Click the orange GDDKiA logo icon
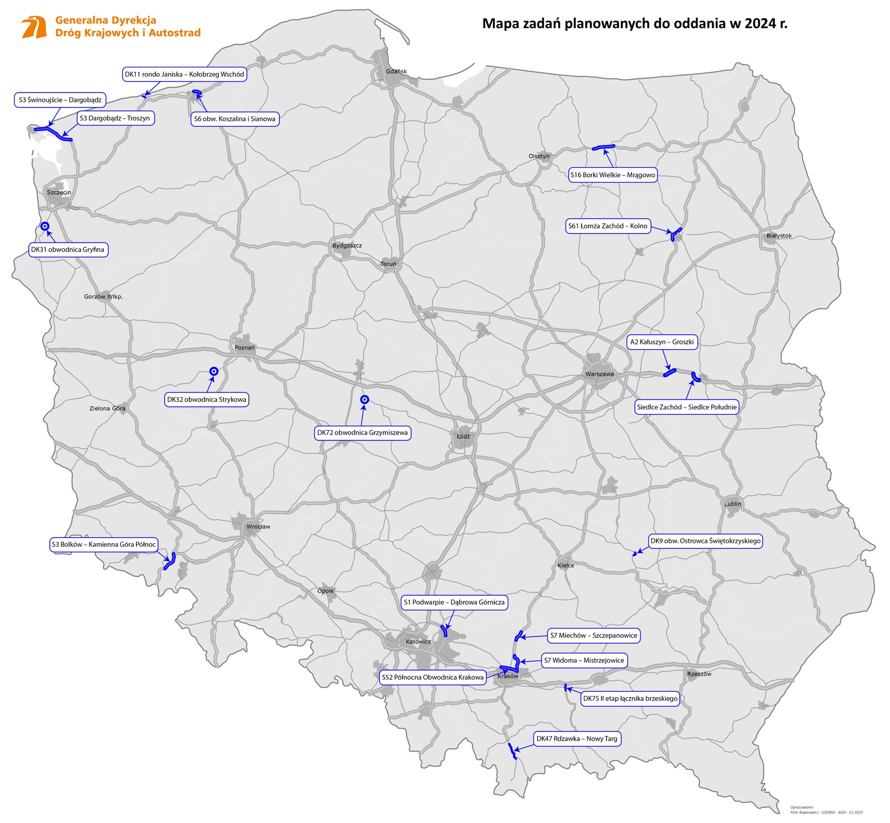(x=34, y=27)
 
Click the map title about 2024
(x=634, y=24)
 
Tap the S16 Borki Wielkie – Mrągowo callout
(x=612, y=175)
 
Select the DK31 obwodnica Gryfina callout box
(x=68, y=250)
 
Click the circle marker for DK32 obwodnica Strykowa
(x=214, y=371)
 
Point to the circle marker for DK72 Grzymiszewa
(x=364, y=400)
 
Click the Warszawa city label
(x=599, y=374)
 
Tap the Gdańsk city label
(x=396, y=71)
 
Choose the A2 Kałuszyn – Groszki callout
(x=662, y=342)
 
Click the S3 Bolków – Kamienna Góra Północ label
(x=103, y=544)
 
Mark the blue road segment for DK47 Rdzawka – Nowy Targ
(x=511, y=751)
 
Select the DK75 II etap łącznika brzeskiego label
(x=630, y=699)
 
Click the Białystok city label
(x=778, y=236)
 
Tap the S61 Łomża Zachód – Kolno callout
(x=608, y=226)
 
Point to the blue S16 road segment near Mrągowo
(x=603, y=148)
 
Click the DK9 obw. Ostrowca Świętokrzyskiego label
(x=705, y=541)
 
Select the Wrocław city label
(x=258, y=527)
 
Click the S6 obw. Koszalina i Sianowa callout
(x=235, y=119)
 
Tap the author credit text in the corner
(x=826, y=810)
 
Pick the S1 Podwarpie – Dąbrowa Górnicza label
(x=454, y=602)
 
